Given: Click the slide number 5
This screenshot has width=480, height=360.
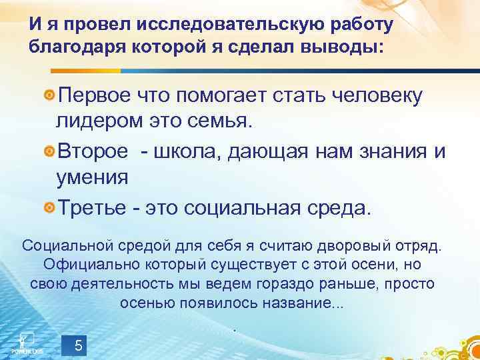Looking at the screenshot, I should tap(79, 346).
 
